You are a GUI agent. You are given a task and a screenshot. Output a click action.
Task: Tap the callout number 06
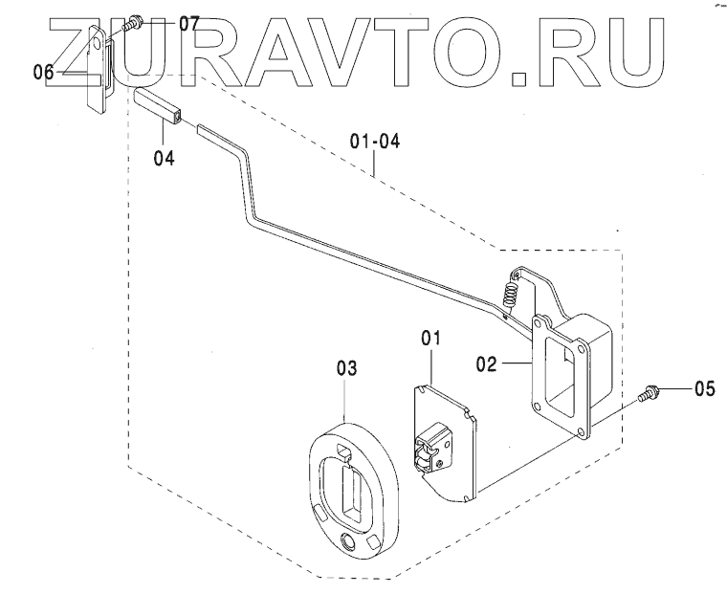pos(44,71)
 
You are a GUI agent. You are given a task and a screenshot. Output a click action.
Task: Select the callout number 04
pos(165,158)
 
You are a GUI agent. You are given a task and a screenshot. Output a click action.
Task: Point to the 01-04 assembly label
pos(374,143)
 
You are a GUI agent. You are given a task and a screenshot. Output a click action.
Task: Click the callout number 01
pos(430,338)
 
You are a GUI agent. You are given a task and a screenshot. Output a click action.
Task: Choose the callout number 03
pos(347,367)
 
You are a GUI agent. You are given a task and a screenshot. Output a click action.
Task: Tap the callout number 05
pos(704,388)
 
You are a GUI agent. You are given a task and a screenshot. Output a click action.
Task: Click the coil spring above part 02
pos(512,284)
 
